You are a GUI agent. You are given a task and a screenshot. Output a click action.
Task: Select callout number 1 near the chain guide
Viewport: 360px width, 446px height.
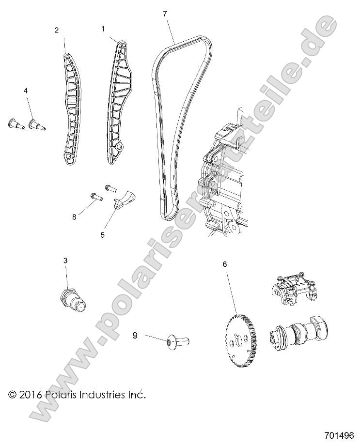coord(103,29)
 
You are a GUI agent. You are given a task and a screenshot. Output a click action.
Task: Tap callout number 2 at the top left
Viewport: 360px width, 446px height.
coord(57,30)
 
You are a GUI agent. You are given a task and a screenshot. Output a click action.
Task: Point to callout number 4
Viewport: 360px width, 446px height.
coord(26,91)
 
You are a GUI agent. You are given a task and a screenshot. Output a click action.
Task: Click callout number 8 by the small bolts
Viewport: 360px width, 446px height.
coord(74,217)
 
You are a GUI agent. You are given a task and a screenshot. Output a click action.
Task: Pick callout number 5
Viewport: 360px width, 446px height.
coord(103,235)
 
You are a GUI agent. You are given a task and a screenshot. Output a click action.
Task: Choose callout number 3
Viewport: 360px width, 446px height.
coord(65,261)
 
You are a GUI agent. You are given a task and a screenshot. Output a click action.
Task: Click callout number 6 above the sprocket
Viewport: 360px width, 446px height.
coord(224,264)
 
